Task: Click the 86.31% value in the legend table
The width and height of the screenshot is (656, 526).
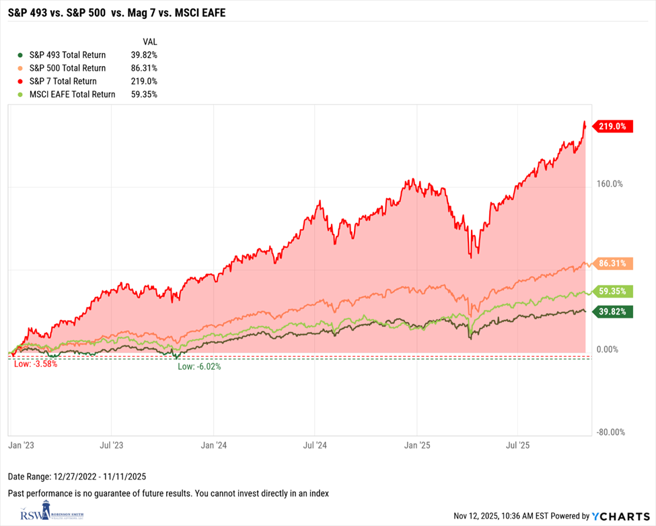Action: [144, 68]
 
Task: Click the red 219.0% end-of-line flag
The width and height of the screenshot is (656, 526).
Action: [612, 126]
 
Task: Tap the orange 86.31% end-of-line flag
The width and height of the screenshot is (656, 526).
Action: [612, 263]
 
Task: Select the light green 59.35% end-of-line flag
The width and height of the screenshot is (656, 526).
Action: [612, 292]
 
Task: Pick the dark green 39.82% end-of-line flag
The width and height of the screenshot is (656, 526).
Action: [612, 310]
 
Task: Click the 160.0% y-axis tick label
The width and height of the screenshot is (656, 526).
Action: [610, 183]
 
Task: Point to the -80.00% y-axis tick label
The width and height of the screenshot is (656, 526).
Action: [610, 432]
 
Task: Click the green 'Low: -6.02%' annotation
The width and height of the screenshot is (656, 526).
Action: [199, 367]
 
